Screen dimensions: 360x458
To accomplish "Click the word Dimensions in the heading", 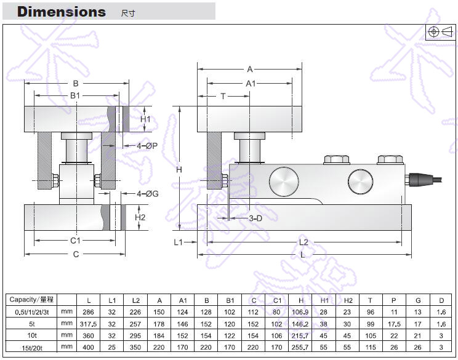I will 62,12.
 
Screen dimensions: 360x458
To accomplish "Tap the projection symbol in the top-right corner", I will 440,32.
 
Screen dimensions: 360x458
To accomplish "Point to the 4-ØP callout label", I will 139,146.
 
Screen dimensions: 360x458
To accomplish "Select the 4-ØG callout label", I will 139,193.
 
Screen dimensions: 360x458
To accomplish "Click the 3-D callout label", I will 255,218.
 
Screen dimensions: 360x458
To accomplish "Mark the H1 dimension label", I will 145,119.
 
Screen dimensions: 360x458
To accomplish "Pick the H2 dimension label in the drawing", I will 140,217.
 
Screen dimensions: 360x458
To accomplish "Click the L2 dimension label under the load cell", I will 303,242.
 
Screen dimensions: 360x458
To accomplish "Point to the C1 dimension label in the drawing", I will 74,241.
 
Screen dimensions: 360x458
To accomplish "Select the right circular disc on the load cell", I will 360,181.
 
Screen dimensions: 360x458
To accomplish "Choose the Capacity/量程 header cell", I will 32,300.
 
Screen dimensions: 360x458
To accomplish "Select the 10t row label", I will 32,336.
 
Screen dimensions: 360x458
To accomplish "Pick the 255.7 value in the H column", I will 301,348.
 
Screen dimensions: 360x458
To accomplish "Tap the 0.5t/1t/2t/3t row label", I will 32,312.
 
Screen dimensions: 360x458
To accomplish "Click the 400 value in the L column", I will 89,348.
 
